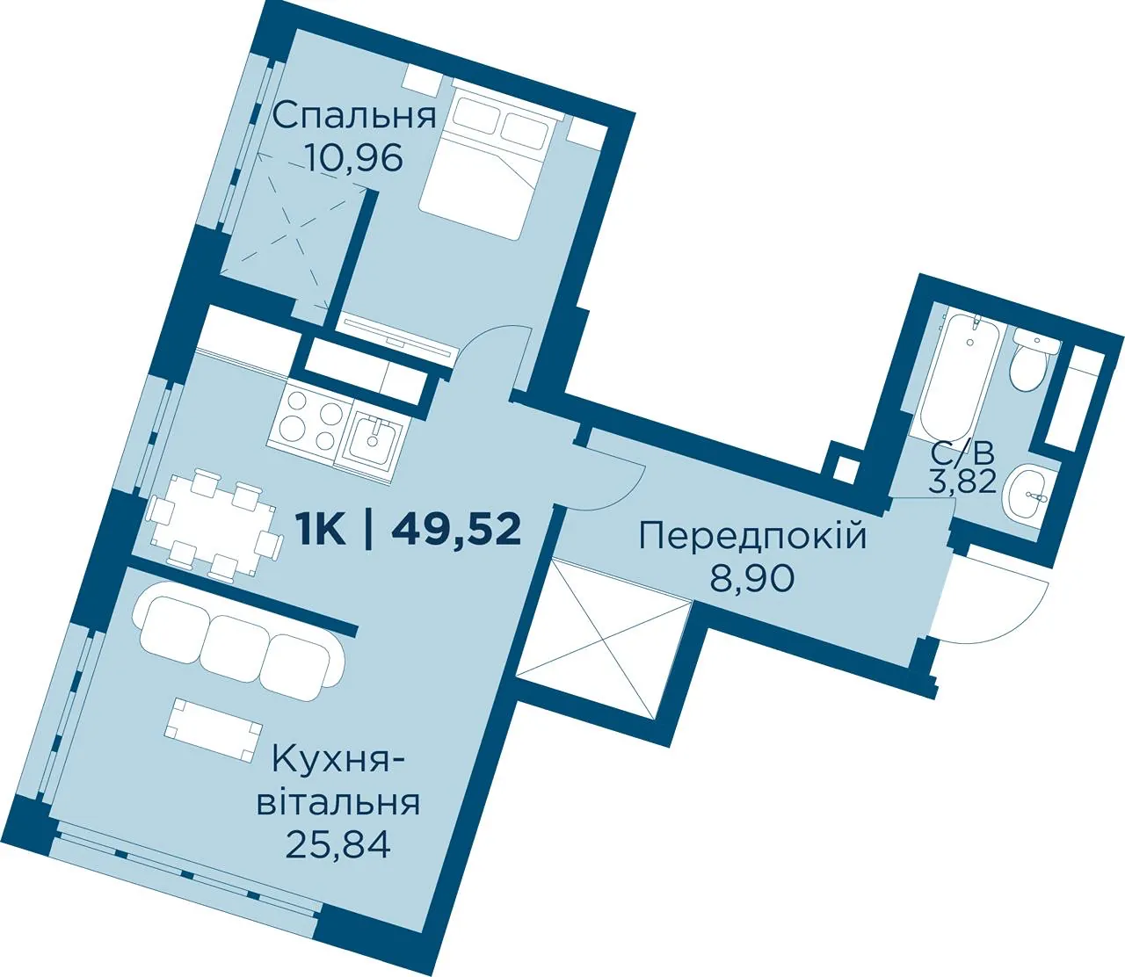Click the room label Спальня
354,116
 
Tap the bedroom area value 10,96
354,159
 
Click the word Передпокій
752,536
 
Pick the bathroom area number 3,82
962,482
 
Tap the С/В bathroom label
962,453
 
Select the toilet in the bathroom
1033,360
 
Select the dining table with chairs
213,525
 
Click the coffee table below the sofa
213,727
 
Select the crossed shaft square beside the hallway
604,639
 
